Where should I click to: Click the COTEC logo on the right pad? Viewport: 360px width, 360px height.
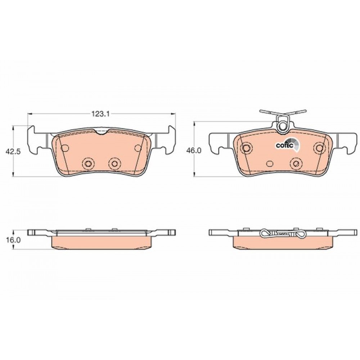(x=288, y=145)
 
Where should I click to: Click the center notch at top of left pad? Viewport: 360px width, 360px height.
(x=101, y=131)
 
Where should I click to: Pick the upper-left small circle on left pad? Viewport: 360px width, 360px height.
(x=65, y=148)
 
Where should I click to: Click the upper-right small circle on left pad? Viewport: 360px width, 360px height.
(x=138, y=148)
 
